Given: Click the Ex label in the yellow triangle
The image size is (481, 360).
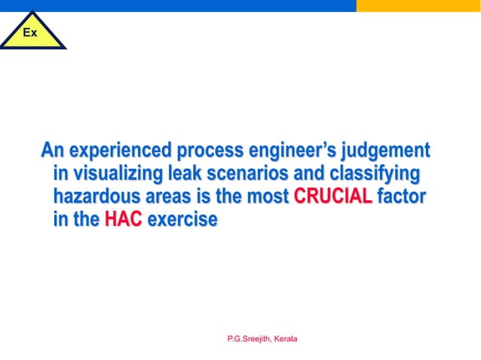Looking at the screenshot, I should [x=29, y=33].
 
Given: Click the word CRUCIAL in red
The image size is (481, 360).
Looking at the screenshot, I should [x=332, y=197].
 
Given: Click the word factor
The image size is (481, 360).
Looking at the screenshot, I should [x=402, y=197].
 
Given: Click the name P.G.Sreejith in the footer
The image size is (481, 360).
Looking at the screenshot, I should [x=248, y=340].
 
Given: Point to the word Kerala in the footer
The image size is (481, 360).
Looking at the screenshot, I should [x=286, y=340].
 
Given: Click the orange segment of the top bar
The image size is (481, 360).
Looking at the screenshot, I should [x=418, y=5].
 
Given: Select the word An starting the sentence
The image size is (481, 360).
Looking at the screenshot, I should [x=52, y=150].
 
